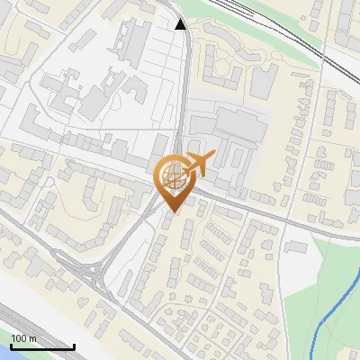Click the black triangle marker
pos(181,24)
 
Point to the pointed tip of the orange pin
pos(172,211)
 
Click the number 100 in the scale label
pos(19,338)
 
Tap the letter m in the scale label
pos(32,338)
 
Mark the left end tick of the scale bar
pos(10,346)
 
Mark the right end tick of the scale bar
pos(74,346)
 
